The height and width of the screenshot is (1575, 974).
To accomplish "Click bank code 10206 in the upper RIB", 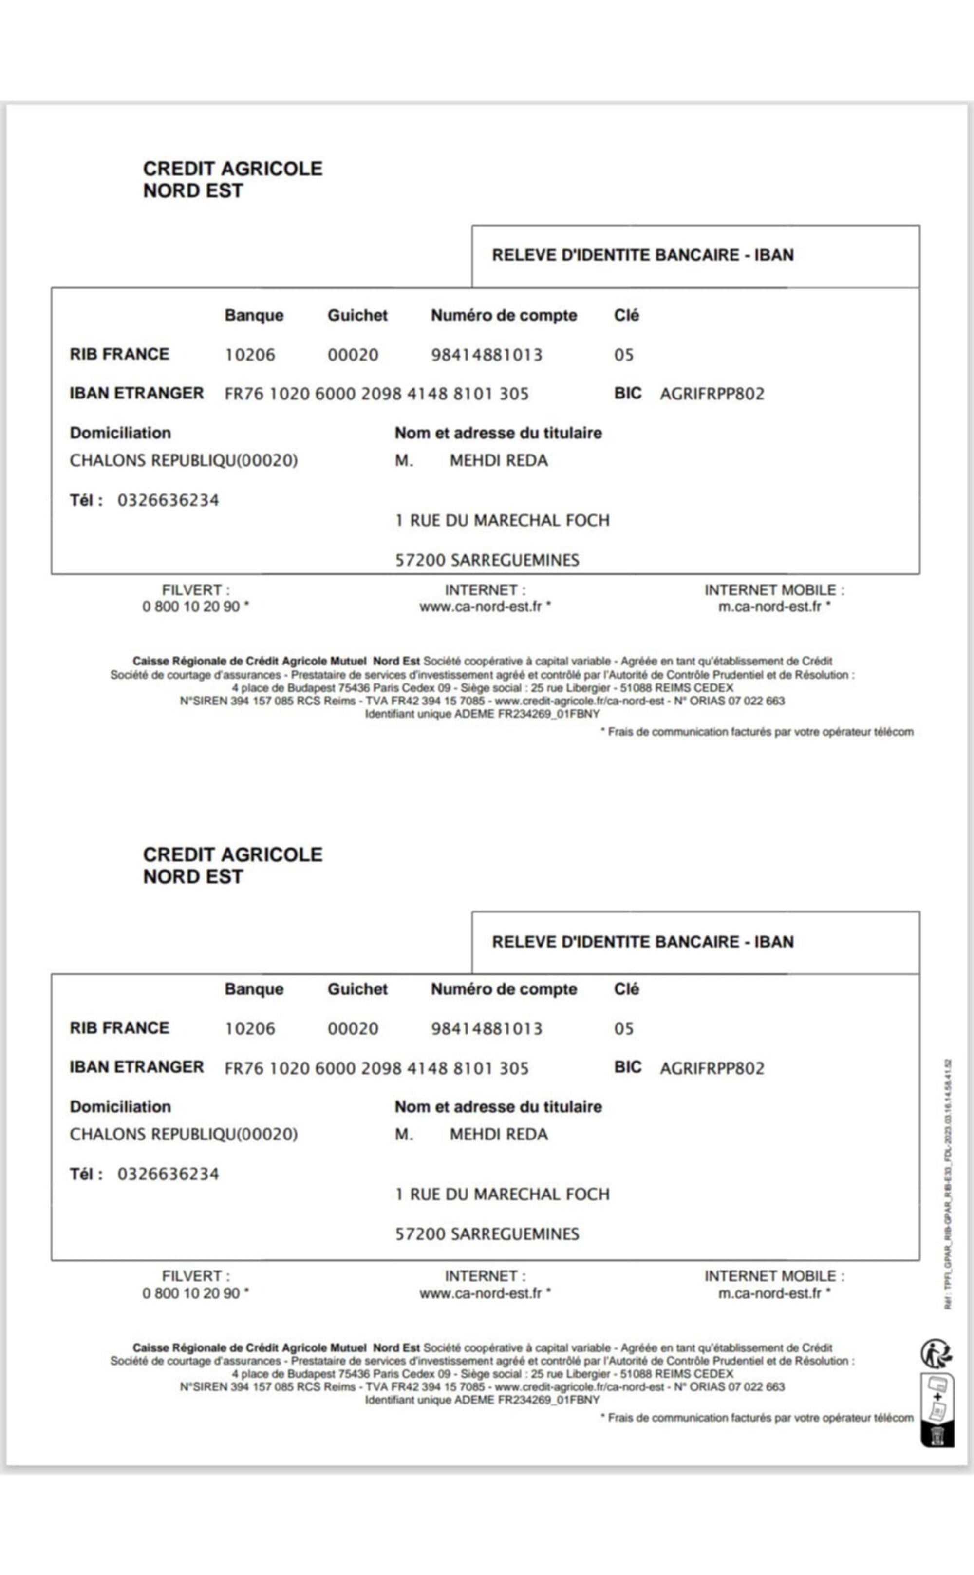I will [249, 355].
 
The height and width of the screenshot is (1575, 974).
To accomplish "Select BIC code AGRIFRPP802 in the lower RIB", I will [712, 1068].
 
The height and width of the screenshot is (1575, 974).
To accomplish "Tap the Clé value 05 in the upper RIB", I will [623, 355].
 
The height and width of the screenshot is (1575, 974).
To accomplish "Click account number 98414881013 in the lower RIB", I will [487, 1028].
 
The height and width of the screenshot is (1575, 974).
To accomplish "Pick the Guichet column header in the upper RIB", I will [357, 315].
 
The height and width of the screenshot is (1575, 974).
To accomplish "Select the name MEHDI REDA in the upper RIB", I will [499, 461].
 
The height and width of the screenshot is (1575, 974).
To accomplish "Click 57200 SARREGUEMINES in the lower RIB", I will [487, 1234].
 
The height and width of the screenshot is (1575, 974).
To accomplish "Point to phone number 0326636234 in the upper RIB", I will [168, 501].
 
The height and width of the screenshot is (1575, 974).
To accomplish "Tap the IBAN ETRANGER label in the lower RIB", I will [136, 1067].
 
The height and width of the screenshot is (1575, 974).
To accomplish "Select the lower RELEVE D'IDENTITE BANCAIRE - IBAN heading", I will [642, 942].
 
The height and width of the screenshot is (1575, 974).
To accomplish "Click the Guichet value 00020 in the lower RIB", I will [353, 1028].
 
